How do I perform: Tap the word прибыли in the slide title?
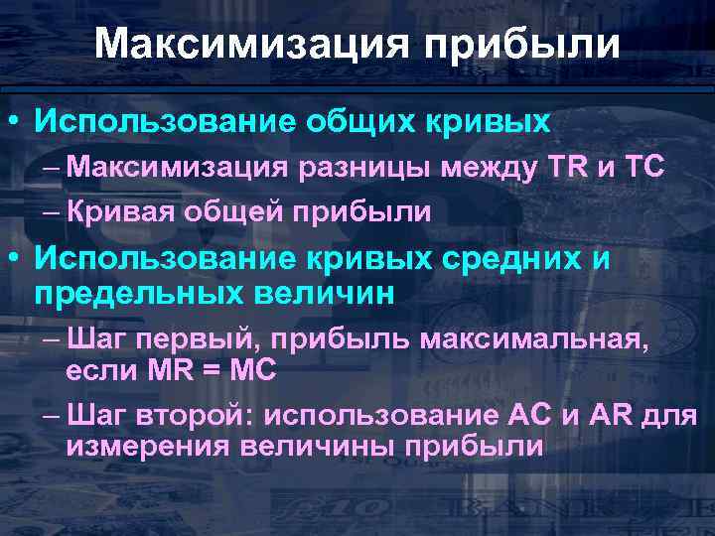tap(522, 44)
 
